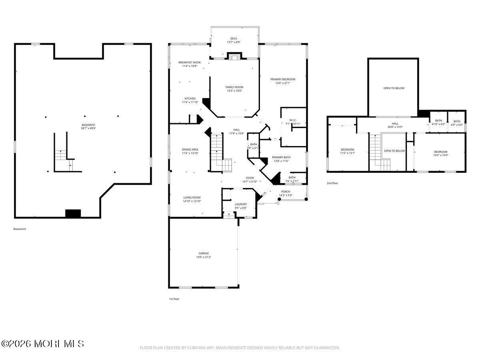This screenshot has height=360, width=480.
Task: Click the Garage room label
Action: click(204, 253)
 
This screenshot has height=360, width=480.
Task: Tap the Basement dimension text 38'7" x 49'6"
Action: click(88, 128)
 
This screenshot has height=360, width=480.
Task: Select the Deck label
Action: click(234, 38)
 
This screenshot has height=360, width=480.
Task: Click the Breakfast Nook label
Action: click(190, 62)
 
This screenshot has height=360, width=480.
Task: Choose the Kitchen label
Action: click(190, 98)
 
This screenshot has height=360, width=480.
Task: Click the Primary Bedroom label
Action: click(282, 79)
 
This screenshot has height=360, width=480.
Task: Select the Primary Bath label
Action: click(281, 157)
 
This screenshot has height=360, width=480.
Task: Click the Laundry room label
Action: click(241, 204)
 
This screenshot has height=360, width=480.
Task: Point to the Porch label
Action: click(286, 191)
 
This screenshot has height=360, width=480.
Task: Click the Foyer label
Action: click(250, 178)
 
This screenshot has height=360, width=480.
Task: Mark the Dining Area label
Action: click(190, 150)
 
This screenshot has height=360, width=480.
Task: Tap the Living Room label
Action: click(192, 197)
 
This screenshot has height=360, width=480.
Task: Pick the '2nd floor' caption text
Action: click(332, 183)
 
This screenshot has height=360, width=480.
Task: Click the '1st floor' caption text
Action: click(174, 299)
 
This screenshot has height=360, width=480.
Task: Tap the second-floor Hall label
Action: click(395, 124)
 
